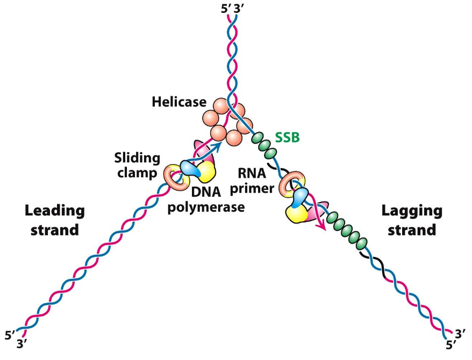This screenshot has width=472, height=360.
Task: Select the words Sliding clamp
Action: (137, 165)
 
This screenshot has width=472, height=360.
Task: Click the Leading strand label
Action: (55, 220)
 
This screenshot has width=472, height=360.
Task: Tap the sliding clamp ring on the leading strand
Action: (173, 177)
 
